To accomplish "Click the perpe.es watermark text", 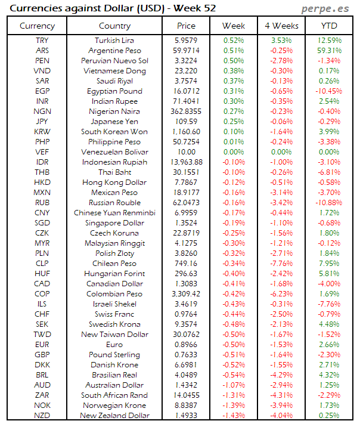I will click(x=325, y=8).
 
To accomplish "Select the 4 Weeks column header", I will click(x=280, y=26).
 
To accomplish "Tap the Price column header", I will click(x=186, y=26).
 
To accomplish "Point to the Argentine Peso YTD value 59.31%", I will click(x=330, y=51).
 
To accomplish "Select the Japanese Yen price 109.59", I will click(x=186, y=122).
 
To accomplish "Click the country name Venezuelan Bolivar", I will click(x=114, y=152).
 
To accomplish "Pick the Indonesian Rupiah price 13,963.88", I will click(x=186, y=162).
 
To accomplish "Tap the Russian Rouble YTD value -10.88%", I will click(x=329, y=203).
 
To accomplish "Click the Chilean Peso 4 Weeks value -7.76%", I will click(x=281, y=264).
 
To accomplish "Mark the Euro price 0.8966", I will click(x=186, y=345).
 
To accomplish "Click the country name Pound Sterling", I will click(x=114, y=355).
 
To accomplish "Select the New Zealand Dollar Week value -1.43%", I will click(x=233, y=416).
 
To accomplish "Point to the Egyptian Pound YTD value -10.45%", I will click(x=329, y=91).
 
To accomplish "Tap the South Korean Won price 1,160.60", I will click(x=186, y=132).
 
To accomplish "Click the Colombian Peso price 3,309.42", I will click(x=186, y=294).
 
